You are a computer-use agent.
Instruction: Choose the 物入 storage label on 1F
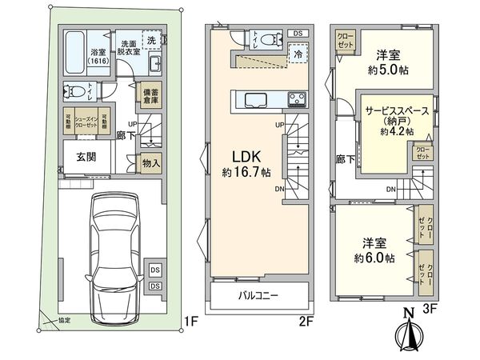[150, 162]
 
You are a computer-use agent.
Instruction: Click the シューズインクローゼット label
[86, 122]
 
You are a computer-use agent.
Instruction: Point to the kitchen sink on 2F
[255, 100]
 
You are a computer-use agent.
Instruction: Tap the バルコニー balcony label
[258, 295]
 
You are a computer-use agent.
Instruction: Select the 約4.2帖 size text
[397, 131]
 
